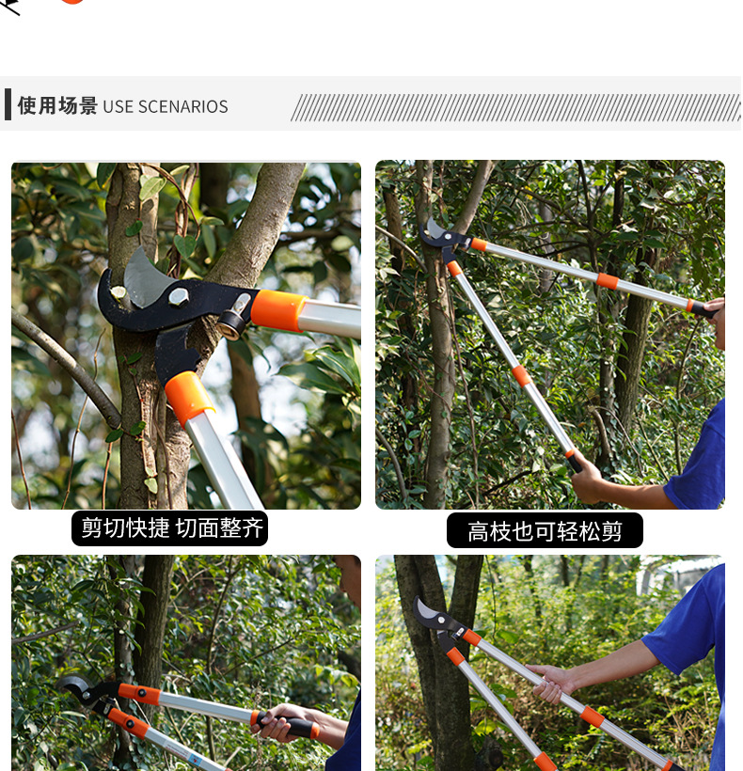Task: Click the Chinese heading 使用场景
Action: point(57,106)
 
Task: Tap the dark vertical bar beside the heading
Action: point(8,104)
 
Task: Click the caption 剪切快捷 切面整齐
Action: point(170,527)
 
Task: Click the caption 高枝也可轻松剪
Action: point(545,531)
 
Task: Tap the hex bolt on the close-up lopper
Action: point(178,298)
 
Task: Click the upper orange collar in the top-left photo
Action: point(277,310)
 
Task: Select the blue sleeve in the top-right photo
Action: point(701,461)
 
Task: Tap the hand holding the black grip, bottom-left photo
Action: point(278,722)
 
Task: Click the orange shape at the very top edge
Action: point(72,2)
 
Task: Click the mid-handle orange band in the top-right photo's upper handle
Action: point(608,280)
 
